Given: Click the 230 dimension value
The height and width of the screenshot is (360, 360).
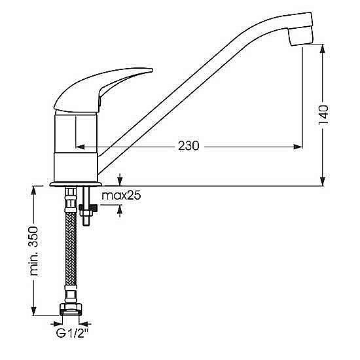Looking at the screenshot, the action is [x=189, y=145].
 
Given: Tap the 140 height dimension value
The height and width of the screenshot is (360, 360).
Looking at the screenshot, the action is [x=323, y=115].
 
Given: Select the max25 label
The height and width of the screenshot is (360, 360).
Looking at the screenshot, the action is [x=121, y=196].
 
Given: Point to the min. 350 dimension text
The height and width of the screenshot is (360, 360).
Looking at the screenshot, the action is [x=34, y=251].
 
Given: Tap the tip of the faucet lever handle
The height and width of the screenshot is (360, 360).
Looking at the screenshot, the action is [x=151, y=70].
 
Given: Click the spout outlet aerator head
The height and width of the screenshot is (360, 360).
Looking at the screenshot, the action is [x=300, y=37].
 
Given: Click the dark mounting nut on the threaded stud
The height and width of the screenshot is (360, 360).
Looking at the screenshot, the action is [x=88, y=207].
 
